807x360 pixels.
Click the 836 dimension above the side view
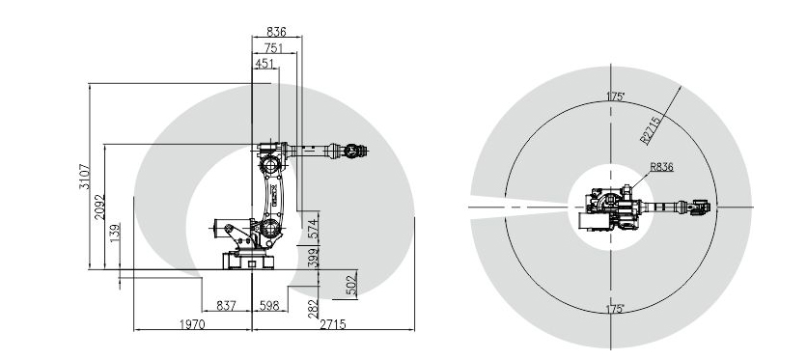(x=276, y=32)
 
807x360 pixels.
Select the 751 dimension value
(x=274, y=48)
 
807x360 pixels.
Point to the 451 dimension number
(x=264, y=64)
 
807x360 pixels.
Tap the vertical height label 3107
(x=84, y=177)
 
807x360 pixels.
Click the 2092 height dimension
(x=99, y=208)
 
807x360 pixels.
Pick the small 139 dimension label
(x=115, y=233)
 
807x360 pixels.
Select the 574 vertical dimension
(x=313, y=229)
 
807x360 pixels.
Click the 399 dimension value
(x=313, y=257)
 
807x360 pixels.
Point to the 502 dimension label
(x=352, y=283)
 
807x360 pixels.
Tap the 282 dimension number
(x=313, y=309)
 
